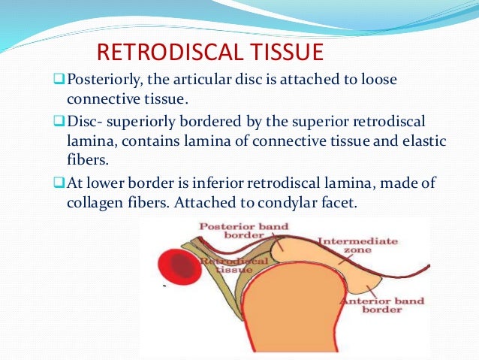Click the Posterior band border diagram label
coord(237,231)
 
